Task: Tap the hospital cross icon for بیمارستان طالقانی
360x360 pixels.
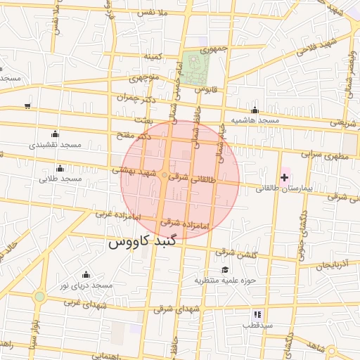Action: (x=284, y=177)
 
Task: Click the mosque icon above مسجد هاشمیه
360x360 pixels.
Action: (x=255, y=110)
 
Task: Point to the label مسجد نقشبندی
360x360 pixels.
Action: (x=56, y=144)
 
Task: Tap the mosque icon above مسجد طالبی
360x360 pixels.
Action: (x=60, y=168)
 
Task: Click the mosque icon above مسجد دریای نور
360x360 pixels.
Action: (x=86, y=274)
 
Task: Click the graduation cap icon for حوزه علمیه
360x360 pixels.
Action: (x=225, y=269)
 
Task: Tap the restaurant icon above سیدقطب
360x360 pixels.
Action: (x=257, y=314)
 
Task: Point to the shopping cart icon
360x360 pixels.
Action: (x=27, y=106)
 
